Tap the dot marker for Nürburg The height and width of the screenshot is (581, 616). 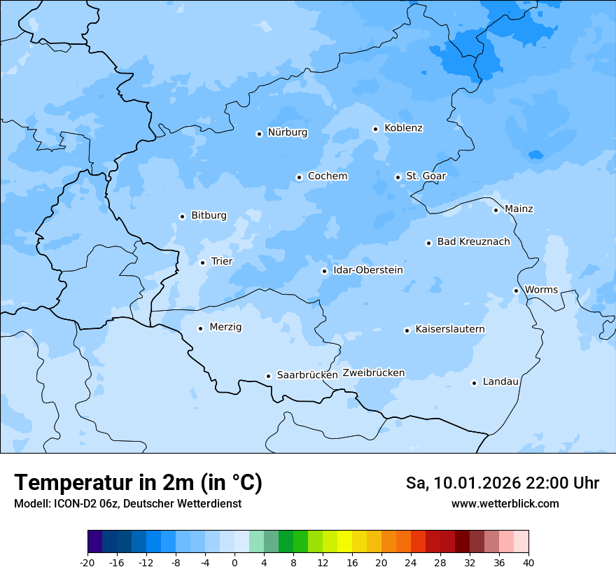point(259,134)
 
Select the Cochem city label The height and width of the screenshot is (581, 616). point(327,176)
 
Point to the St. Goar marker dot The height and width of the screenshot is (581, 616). point(398,177)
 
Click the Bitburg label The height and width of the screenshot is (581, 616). point(209,216)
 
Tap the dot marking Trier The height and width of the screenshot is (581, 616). point(202,262)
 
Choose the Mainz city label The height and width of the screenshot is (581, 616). point(519,209)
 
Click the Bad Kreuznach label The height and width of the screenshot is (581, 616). point(473,241)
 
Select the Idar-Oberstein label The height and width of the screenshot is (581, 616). point(367,269)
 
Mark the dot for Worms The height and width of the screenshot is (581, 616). point(516,290)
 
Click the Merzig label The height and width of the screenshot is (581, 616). point(225,327)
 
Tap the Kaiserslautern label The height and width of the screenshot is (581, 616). point(449,329)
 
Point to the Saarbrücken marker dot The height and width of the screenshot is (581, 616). point(268,376)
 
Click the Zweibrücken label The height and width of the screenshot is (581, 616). point(373,373)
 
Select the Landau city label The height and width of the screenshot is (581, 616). point(500,381)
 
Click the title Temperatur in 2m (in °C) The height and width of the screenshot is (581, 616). point(138,483)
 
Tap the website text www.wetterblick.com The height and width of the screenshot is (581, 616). point(505,504)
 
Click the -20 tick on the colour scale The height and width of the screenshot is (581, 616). point(87,562)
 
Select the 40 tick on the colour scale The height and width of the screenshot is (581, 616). point(528,562)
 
